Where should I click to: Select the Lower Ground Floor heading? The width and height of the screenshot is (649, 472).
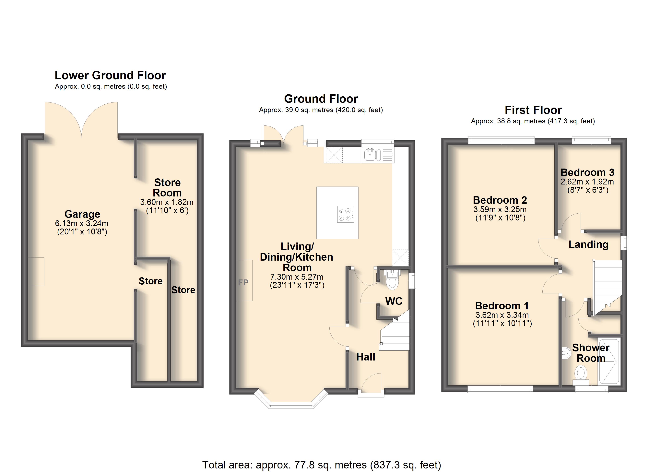pyautogui.click(x=110, y=75)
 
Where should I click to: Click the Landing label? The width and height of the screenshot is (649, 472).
pyautogui.click(x=588, y=244)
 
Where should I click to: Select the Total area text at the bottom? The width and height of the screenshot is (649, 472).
pyautogui.click(x=322, y=465)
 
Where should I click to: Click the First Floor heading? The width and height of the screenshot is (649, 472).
pyautogui.click(x=533, y=110)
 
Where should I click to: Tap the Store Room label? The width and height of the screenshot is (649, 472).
pyautogui.click(x=167, y=187)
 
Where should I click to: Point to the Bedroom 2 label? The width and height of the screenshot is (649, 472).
pyautogui.click(x=500, y=200)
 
